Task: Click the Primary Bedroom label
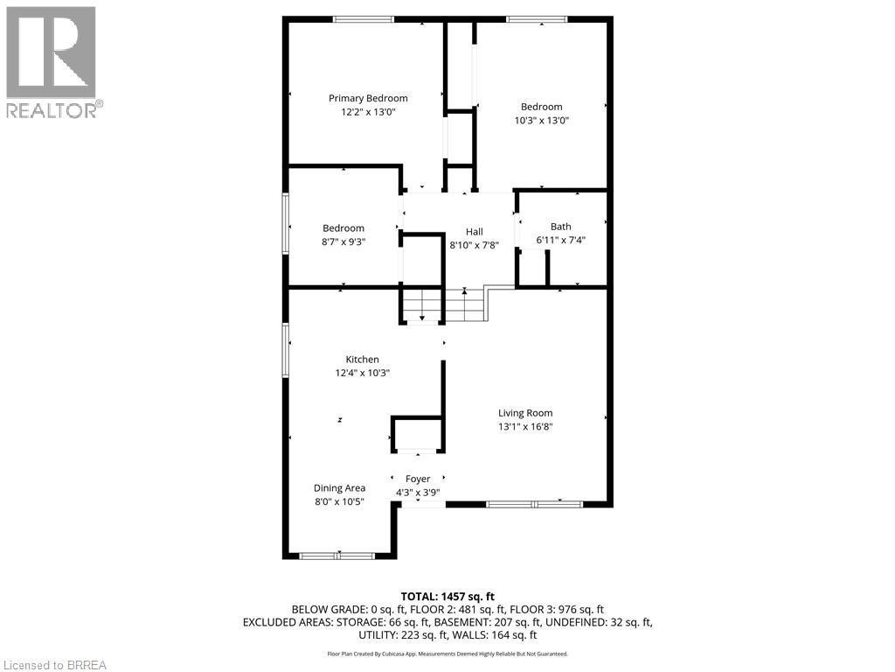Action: click(368, 98)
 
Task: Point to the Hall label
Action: click(474, 232)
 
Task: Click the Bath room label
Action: click(560, 227)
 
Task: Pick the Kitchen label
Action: click(362, 360)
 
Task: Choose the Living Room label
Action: click(525, 413)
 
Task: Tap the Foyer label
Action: click(418, 479)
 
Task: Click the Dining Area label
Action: click(339, 488)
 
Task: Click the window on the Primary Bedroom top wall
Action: click(363, 19)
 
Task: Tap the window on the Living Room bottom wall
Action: click(534, 504)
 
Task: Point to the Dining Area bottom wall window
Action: click(337, 556)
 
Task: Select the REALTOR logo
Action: click(52, 62)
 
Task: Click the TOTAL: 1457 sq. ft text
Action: click(447, 596)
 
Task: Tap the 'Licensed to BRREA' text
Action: click(54, 664)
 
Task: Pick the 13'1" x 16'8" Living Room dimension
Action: click(525, 427)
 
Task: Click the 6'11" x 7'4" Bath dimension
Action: click(560, 240)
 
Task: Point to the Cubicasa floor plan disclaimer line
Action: click(447, 654)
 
